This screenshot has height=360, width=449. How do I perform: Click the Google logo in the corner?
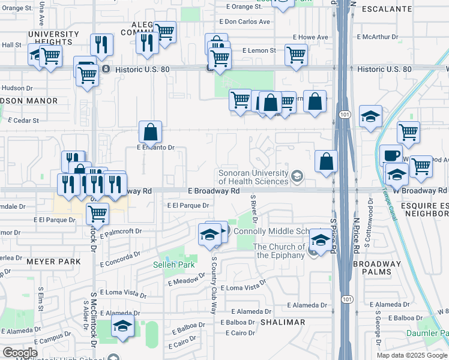pyautogui.click(x=20, y=353)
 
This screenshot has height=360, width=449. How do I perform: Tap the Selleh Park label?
pyautogui.click(x=174, y=265)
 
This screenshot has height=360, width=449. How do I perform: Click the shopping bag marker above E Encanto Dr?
pyautogui.click(x=150, y=132)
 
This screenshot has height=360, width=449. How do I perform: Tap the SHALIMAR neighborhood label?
pyautogui.click(x=282, y=322)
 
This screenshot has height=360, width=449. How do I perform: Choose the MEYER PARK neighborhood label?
pyautogui.click(x=53, y=262)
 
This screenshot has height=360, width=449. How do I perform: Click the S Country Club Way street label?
pyautogui.click(x=213, y=285)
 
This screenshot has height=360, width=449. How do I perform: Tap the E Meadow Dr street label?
pyautogui.click(x=187, y=281)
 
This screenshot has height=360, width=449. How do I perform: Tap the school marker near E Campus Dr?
pyautogui.click(x=123, y=328)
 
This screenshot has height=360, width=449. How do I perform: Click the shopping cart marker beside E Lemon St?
pyautogui.click(x=296, y=55)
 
